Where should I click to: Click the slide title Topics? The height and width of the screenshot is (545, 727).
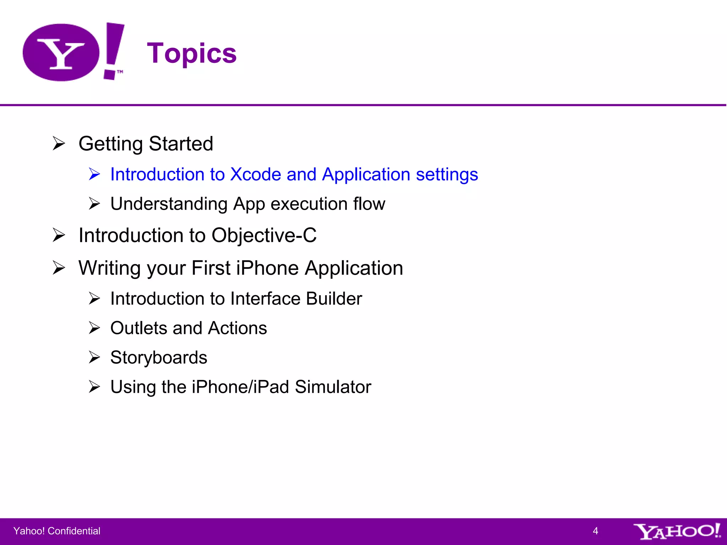192,53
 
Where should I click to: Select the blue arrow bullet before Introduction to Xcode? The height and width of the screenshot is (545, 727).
94,174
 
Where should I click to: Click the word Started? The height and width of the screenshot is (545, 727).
181,144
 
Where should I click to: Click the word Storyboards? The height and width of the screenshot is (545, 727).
159,357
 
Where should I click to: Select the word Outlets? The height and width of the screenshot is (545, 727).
138,328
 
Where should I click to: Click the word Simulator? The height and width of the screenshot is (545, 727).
333,387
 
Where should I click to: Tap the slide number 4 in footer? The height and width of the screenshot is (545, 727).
595,531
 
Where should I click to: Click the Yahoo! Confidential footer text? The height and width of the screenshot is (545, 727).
57,531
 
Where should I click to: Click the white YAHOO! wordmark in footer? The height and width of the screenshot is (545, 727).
677,531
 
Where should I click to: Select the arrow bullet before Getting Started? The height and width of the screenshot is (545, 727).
59,144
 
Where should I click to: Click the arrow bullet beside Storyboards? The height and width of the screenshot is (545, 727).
94,357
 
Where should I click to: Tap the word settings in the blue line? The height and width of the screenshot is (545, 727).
447,174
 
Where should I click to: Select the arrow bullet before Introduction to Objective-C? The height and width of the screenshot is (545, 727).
59,235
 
